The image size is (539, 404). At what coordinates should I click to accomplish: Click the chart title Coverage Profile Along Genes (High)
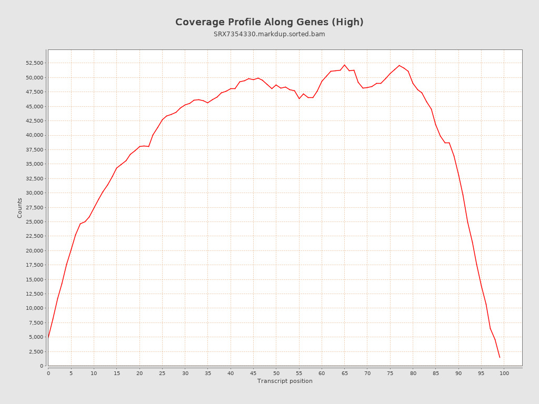coord(269,22)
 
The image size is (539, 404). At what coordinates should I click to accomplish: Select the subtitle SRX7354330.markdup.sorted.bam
coord(269,34)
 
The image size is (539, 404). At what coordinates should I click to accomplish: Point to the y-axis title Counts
coord(20,208)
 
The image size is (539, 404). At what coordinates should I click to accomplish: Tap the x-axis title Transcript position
coord(285,381)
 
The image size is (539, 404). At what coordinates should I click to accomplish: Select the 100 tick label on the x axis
coord(504,373)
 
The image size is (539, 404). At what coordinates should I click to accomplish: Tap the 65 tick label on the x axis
coord(345,373)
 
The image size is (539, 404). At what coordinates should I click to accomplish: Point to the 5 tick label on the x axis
coord(71,373)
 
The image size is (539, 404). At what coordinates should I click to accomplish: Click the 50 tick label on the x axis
coord(276,373)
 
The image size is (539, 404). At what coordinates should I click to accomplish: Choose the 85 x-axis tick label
coord(436,373)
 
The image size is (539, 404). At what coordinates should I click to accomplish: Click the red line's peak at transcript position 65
coord(345,65)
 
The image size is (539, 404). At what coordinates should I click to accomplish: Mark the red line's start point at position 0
coord(48,337)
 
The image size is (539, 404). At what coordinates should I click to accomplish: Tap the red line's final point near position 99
coord(500,357)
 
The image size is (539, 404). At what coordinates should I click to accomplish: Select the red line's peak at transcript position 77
coord(399,65)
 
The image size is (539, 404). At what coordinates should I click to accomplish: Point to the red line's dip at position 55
coord(299,98)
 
